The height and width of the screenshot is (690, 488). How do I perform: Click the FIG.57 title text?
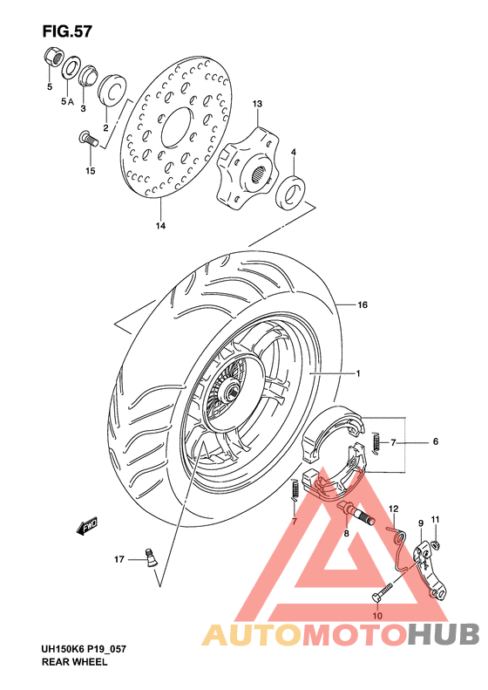point(66,31)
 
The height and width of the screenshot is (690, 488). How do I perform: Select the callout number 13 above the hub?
point(257,105)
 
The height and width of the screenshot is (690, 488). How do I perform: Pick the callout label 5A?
point(67,102)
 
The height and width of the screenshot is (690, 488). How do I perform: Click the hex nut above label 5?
point(51,59)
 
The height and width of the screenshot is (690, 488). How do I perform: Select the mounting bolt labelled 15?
point(85,137)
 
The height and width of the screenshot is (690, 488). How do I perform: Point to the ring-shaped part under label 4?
point(291,190)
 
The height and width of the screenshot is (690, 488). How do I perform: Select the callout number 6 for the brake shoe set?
point(435,442)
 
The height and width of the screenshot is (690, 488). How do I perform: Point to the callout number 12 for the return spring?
point(393,509)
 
